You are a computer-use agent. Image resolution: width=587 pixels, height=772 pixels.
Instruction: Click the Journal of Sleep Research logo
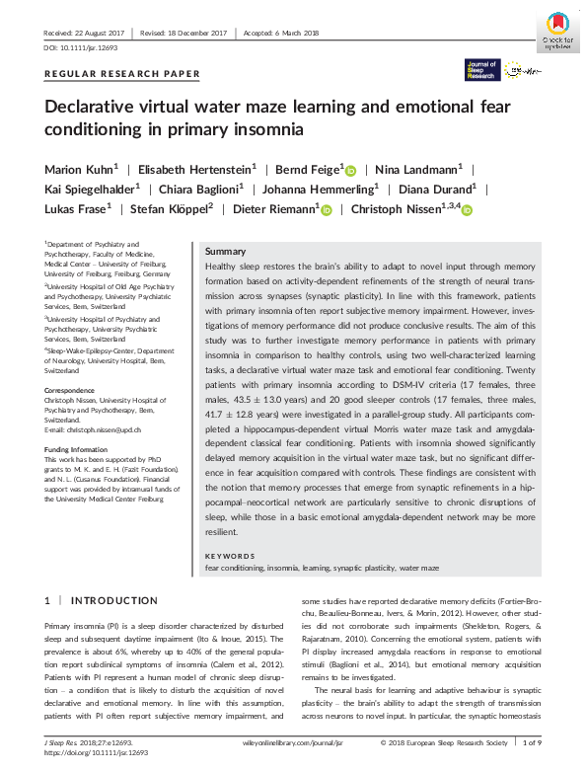tap(482, 69)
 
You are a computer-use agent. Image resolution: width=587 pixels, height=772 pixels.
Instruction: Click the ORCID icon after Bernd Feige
tap(350, 170)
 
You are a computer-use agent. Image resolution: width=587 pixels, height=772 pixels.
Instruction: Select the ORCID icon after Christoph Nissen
tap(467, 209)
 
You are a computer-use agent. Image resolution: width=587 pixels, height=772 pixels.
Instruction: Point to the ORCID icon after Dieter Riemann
tap(327, 209)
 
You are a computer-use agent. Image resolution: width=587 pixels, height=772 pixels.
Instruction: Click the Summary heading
tap(224, 252)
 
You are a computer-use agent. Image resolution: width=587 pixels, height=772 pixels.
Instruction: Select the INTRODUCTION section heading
tap(101, 600)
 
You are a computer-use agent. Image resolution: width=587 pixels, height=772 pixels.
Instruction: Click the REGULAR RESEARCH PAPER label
tap(122, 74)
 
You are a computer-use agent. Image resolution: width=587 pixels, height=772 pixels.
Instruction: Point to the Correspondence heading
tap(71, 391)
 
